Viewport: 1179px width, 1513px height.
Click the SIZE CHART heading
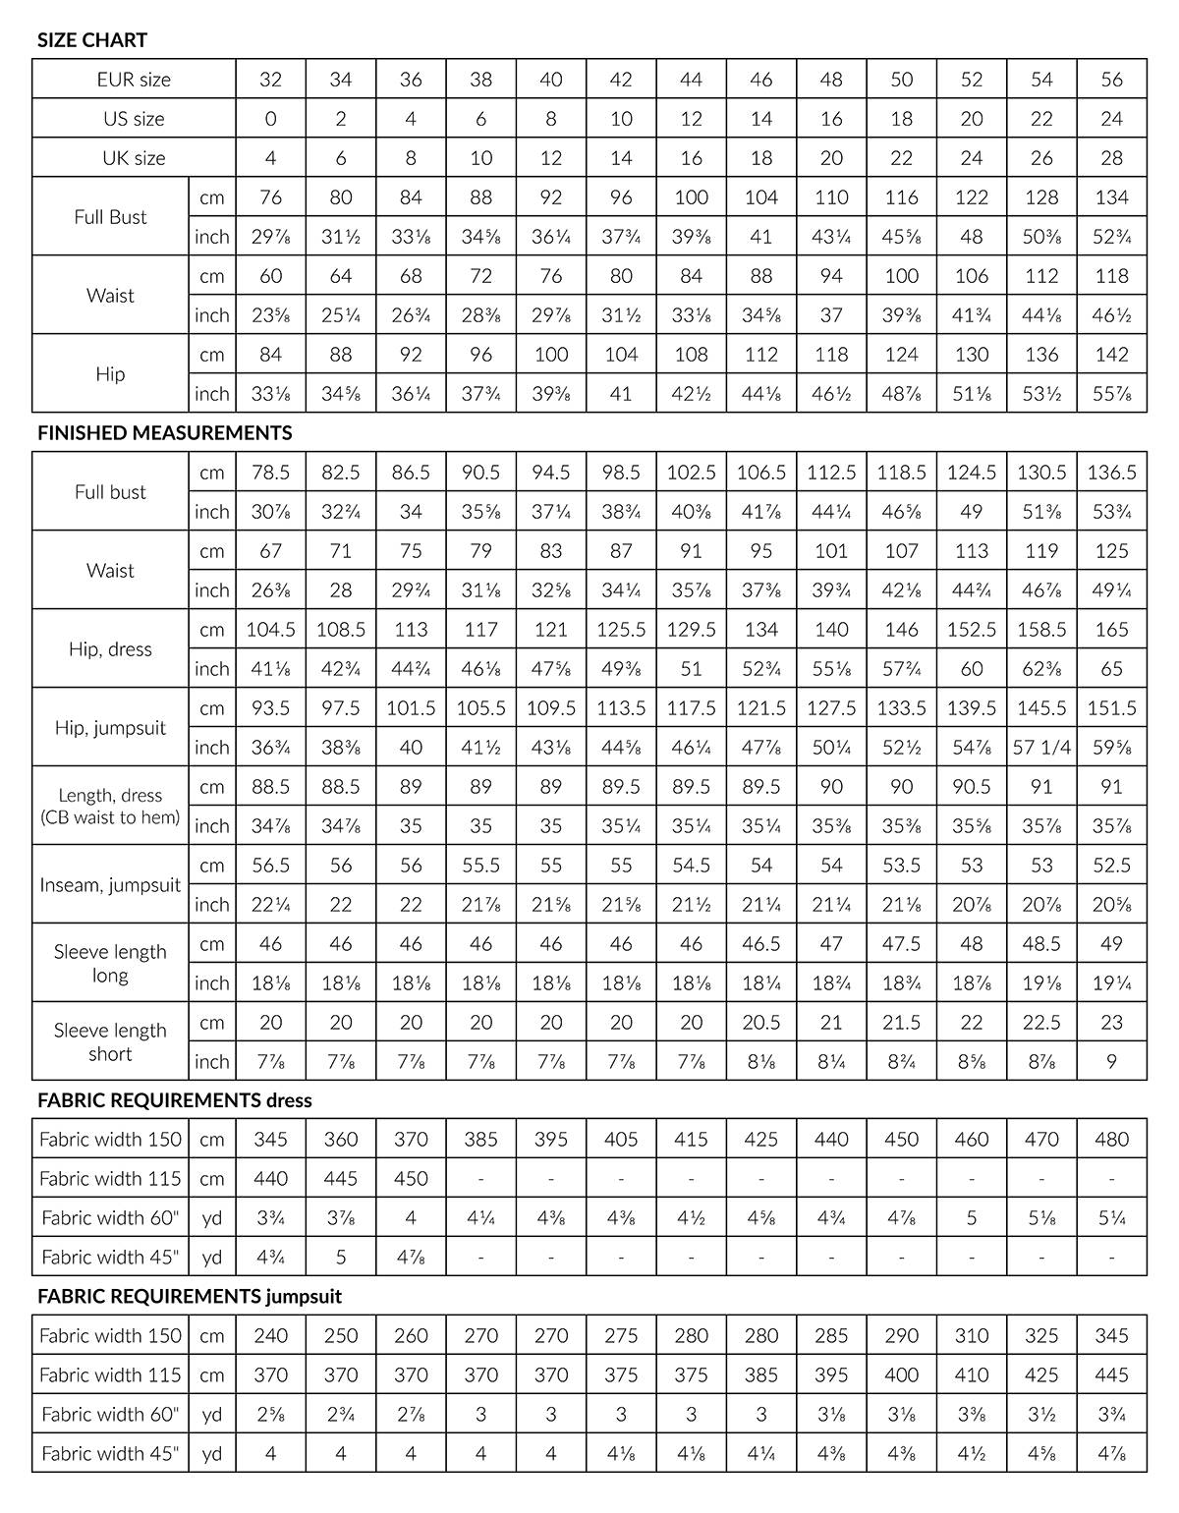coord(92,40)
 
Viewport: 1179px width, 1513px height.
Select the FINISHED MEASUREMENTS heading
coord(164,432)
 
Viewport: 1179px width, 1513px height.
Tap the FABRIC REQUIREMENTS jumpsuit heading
coord(190,1296)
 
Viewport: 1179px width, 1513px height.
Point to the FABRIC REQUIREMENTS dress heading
coord(174,1100)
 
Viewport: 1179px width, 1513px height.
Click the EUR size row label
coord(134,80)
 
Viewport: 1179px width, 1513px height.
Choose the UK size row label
coord(134,158)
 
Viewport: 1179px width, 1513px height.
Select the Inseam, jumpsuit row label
coord(110,884)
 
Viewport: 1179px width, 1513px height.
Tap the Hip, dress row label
coord(110,649)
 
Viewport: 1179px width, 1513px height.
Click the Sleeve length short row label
coord(110,1041)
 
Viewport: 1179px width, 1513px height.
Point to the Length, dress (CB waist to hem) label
coord(110,806)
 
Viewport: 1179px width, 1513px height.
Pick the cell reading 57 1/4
coord(1041,748)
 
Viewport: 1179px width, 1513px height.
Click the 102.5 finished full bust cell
coord(692,473)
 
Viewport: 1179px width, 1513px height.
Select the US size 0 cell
coord(270,119)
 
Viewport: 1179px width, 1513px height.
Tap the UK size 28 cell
coord(1111,158)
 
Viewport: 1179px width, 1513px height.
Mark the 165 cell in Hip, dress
coord(1111,630)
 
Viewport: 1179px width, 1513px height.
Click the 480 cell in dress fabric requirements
coord(1111,1140)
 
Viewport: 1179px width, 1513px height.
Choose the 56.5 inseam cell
coord(270,866)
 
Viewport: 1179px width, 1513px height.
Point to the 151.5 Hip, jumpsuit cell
coord(1111,708)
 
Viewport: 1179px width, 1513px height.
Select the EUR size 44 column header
coord(692,80)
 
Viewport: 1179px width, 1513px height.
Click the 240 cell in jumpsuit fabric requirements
coord(270,1336)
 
